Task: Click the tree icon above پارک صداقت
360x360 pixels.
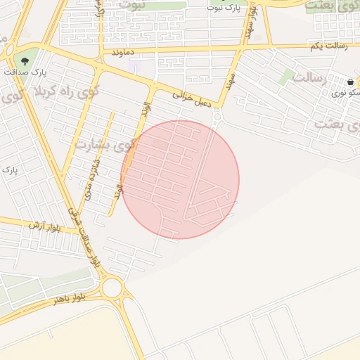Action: [26, 60]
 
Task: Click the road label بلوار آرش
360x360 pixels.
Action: [45, 226]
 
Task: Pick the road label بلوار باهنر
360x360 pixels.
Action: [68, 298]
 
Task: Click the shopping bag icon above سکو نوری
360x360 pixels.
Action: [349, 82]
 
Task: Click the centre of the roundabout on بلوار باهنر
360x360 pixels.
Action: [111, 288]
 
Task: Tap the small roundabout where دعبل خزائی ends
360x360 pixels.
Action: [217, 117]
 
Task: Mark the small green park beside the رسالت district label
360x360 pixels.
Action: [286, 77]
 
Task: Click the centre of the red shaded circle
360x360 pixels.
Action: [180, 179]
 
